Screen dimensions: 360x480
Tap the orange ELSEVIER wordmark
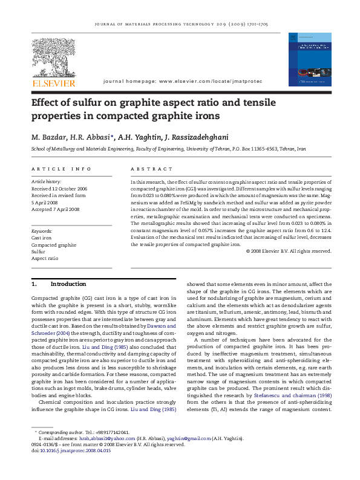coord(53,83)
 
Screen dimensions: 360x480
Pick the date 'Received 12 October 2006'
coord(59,189)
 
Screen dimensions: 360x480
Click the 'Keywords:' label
coord(42,232)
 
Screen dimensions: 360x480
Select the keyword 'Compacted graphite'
coord(53,245)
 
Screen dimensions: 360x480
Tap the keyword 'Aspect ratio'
coord(45,258)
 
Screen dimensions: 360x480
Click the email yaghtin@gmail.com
coord(194,438)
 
